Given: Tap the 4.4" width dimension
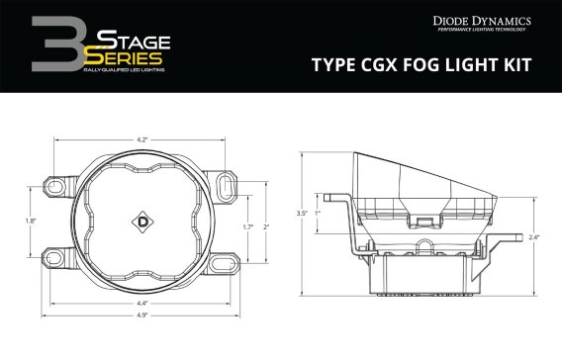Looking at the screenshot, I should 143,302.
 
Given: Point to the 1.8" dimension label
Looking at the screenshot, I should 32,222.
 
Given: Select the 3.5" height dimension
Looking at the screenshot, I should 302,213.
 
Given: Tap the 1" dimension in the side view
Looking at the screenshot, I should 317,213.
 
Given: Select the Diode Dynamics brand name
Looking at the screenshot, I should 482,20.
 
